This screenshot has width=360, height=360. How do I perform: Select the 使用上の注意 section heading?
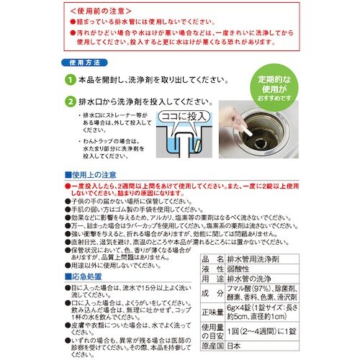[x=94, y=175]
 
